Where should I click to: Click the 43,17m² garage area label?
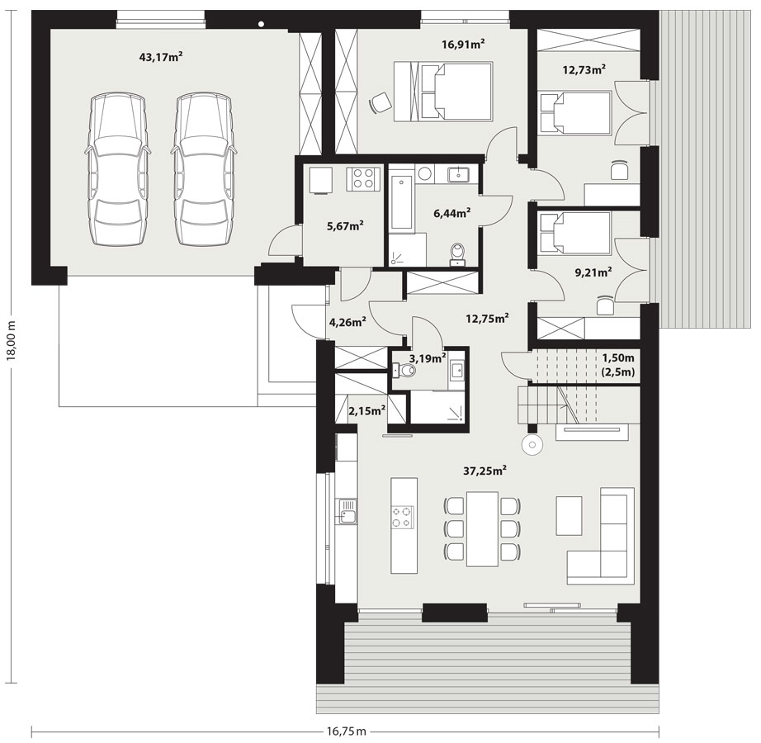point(161,57)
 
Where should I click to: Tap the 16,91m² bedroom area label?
point(464,45)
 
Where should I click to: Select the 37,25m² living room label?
point(484,470)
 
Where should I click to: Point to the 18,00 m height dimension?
point(12,339)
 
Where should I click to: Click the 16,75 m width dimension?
point(346,731)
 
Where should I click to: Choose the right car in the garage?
point(204,170)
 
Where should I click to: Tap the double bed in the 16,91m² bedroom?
point(443,92)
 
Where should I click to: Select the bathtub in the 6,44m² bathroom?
point(401,198)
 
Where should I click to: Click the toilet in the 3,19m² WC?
point(404,371)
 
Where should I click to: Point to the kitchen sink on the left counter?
point(347,511)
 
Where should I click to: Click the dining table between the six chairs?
point(482,529)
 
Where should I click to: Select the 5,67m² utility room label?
point(346,225)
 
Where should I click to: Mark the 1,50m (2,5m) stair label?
point(618,366)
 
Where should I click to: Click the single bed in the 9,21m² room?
point(574,233)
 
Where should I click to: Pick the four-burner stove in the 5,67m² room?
point(363,178)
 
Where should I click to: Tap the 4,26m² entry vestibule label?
point(347,322)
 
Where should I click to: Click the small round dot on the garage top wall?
point(261,23)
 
